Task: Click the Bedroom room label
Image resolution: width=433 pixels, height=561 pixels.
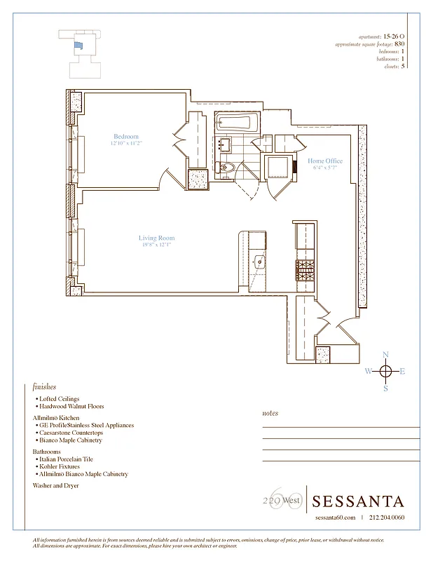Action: point(126,137)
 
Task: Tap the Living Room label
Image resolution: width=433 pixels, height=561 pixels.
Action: point(155,238)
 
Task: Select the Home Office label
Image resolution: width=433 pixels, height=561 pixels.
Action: point(325,161)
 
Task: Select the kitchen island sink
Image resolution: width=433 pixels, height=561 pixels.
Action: point(260,263)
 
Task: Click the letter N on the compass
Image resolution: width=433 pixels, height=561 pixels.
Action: point(385,355)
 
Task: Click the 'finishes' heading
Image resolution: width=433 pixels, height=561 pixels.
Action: point(44,386)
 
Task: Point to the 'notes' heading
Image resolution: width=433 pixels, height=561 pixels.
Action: point(270,414)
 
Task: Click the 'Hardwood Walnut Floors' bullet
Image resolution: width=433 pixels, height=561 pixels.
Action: point(71,406)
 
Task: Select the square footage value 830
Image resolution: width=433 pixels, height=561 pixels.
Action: point(399,43)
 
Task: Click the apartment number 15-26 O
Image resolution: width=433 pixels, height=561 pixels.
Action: point(394,36)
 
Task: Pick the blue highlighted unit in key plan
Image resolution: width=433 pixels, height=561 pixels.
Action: point(78,45)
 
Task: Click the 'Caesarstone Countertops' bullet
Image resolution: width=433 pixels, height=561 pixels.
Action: point(73,433)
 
